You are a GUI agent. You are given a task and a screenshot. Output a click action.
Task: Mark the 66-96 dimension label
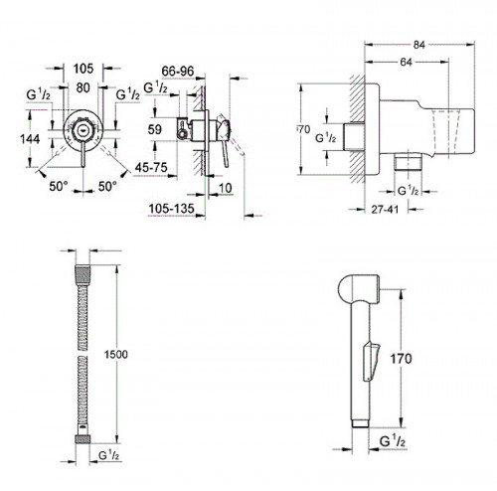[x=180, y=72]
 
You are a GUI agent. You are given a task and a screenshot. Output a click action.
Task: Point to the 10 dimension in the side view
[x=228, y=188]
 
